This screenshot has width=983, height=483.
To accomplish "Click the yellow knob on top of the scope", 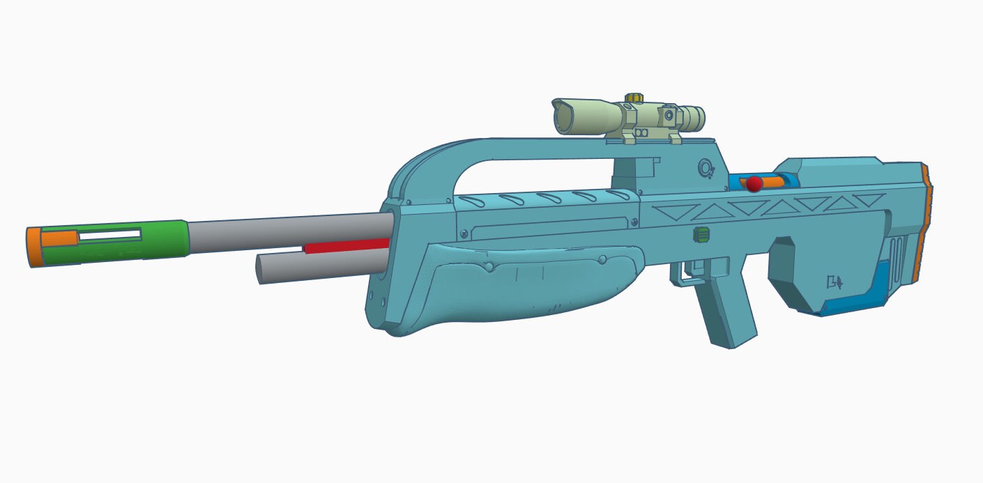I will (x=634, y=98).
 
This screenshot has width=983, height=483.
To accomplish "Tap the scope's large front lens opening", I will (x=563, y=118).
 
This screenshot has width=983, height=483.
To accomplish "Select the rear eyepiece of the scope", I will (x=694, y=116).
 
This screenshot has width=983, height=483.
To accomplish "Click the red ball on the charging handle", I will (x=754, y=184).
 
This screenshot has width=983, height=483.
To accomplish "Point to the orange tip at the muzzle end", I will (x=33, y=247).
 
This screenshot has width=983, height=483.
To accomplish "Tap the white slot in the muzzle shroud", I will (x=109, y=235).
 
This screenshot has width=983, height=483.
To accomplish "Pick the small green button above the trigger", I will (x=701, y=235).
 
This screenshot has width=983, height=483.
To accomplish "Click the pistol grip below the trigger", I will (x=725, y=314).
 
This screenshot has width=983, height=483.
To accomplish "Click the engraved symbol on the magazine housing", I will (x=835, y=282).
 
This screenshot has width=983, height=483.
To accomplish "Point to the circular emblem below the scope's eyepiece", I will (x=706, y=168).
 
